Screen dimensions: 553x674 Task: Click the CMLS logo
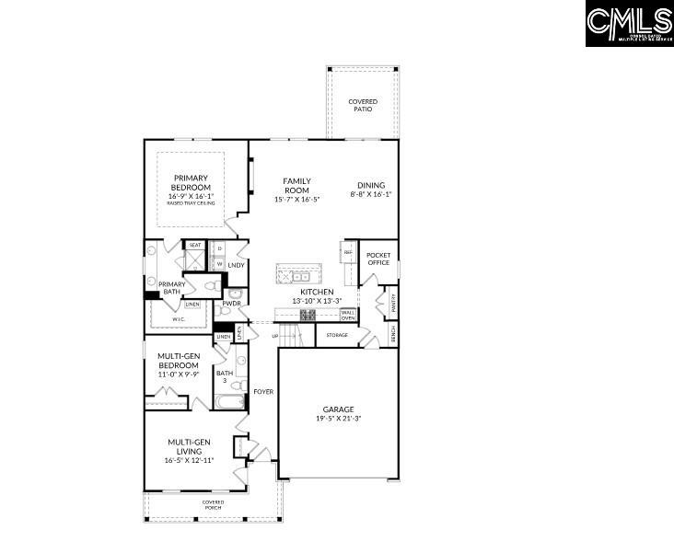point(629,24)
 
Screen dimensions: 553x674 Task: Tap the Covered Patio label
point(363,105)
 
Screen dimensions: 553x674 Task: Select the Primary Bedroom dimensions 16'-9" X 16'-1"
point(191,196)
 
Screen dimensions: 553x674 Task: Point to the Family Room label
point(296,185)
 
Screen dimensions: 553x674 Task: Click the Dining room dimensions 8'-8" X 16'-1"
point(371,194)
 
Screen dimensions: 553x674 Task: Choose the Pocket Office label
point(378,259)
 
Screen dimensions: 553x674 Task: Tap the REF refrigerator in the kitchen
point(348,252)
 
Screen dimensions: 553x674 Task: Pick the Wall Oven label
point(348,315)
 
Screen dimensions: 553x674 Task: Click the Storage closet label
point(337,336)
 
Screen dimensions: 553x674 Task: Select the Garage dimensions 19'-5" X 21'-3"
point(338,418)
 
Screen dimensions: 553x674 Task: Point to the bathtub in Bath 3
point(229,402)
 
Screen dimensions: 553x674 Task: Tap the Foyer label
point(263,392)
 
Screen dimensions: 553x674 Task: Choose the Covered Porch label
point(214,505)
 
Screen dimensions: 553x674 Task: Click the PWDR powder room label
point(231,303)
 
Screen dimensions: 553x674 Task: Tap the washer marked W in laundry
point(218,263)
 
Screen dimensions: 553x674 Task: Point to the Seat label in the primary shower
point(195,245)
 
